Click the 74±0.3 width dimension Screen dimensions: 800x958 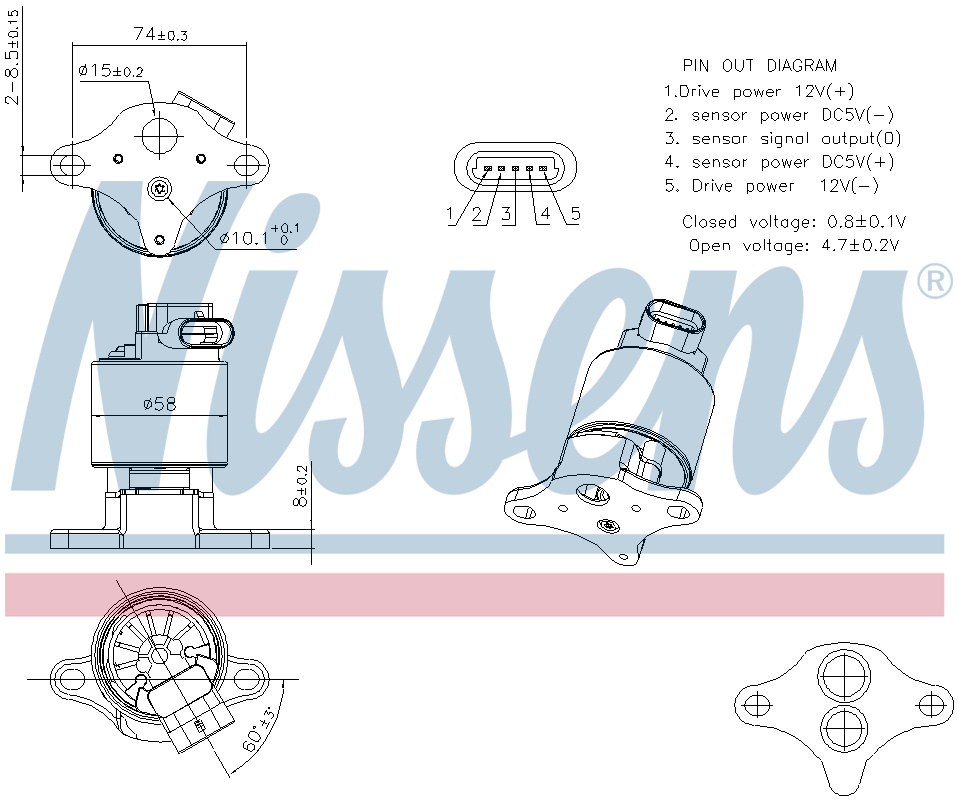click(160, 34)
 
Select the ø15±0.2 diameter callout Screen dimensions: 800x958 click(111, 71)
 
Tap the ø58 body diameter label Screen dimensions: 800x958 click(159, 404)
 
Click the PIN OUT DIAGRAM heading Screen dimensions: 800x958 click(759, 66)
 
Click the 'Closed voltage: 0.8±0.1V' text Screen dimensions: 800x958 click(794, 221)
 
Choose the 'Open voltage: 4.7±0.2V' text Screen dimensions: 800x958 click(794, 245)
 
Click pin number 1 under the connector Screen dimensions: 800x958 click(451, 213)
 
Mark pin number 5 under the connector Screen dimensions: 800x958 click(575, 213)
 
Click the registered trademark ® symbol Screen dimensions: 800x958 click(934, 282)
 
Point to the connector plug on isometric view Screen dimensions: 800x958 click(677, 322)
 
